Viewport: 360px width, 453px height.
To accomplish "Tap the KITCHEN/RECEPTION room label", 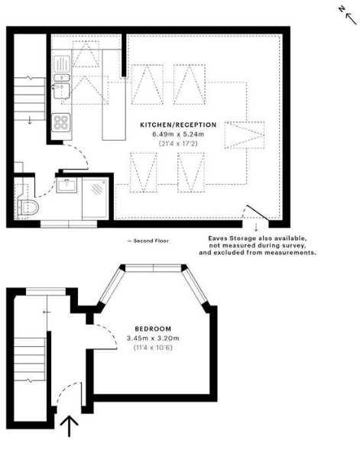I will [177, 125].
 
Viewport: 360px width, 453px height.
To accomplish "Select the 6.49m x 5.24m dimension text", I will [177, 134].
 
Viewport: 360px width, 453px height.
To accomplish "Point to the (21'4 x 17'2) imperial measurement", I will [177, 144].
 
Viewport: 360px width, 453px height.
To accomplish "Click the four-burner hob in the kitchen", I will [60, 121].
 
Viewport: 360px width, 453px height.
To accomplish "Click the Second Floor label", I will [149, 241].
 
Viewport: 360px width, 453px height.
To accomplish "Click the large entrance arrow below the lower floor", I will [70, 425].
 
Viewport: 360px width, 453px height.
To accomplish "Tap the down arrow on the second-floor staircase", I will [30, 119].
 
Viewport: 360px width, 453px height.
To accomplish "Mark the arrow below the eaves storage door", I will [256, 226].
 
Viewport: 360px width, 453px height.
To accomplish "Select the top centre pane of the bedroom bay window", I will [153, 267].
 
